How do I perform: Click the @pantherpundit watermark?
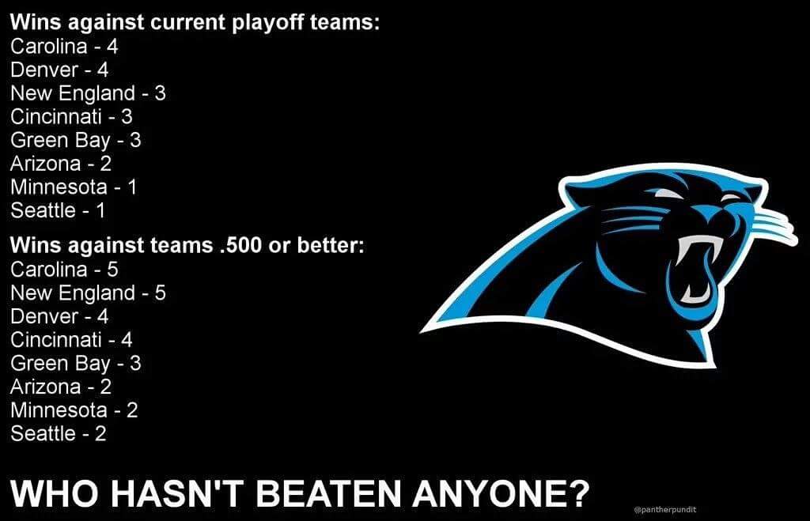tap(664, 509)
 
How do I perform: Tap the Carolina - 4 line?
tap(64, 47)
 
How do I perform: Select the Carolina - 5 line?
tap(64, 270)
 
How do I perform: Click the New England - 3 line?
tap(88, 93)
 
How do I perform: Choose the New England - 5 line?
tap(88, 293)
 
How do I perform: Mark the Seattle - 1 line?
tap(57, 210)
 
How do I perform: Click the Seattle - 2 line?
tap(59, 434)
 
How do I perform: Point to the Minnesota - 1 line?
tap(74, 187)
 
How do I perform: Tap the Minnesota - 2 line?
tap(74, 410)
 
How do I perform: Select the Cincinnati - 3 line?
tap(71, 117)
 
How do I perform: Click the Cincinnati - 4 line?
tap(71, 340)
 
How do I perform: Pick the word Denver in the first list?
tap(44, 70)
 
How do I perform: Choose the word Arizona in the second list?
tap(45, 387)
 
